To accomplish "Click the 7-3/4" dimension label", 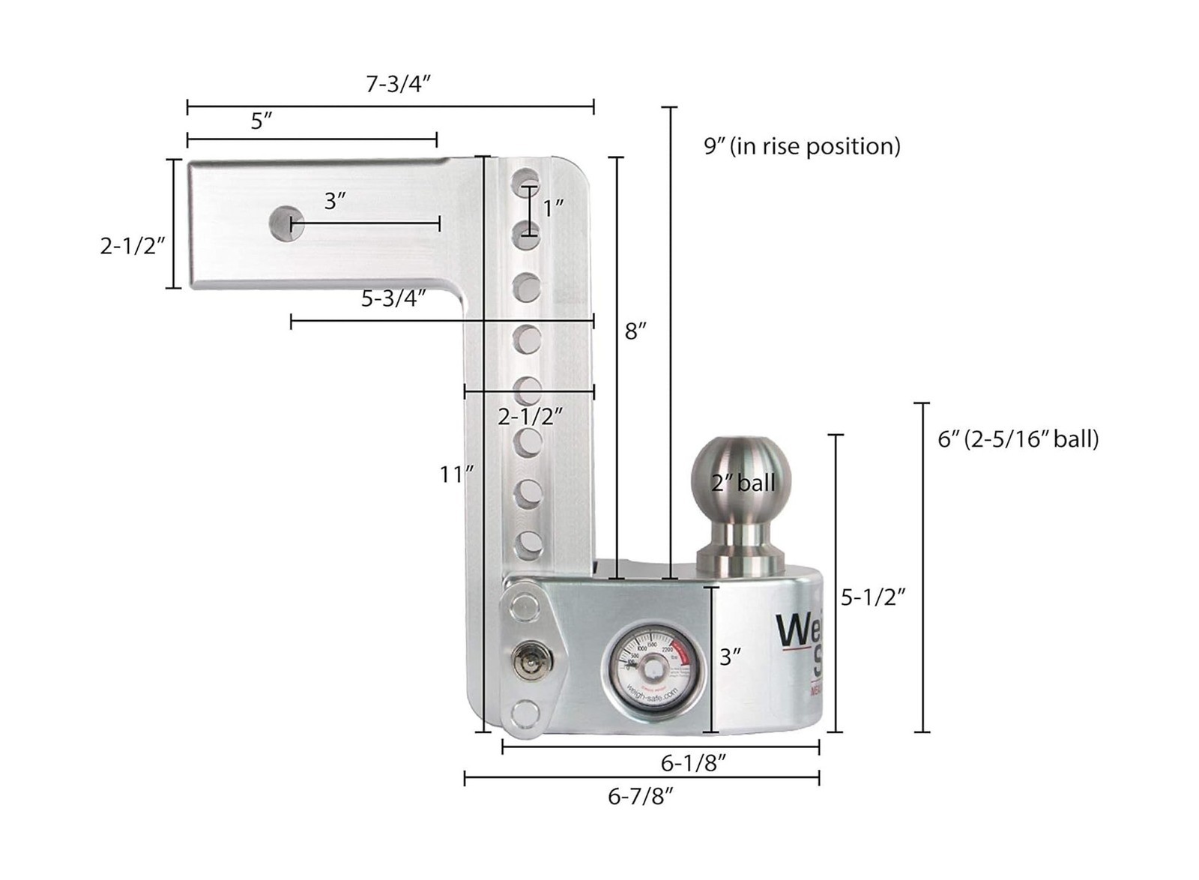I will (398, 84).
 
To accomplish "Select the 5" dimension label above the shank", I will (261, 121).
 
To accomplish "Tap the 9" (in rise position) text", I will (802, 145).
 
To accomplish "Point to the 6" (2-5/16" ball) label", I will (1018, 439).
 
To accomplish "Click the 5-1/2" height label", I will (873, 597).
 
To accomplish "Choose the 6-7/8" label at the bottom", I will (641, 796).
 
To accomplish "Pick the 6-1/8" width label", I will (693, 763).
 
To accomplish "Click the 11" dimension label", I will (456, 474).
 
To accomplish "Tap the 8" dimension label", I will (635, 331).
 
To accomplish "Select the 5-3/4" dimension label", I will (393, 298).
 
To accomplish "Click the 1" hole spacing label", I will (553, 208).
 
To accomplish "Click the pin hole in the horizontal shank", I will (286, 223).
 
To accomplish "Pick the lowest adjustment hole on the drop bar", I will (528, 545).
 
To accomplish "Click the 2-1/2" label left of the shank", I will (132, 245).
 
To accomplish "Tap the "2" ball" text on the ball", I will (743, 483).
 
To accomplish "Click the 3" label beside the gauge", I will (730, 657).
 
